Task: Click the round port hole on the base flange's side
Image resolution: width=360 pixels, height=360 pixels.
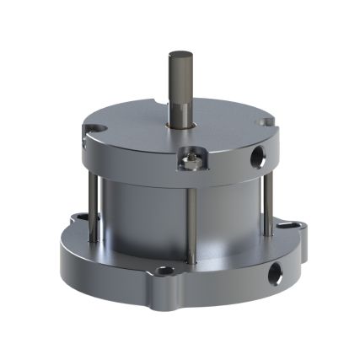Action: click(x=274, y=273)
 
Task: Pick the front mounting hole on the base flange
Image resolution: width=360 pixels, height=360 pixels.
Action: click(x=166, y=271)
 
